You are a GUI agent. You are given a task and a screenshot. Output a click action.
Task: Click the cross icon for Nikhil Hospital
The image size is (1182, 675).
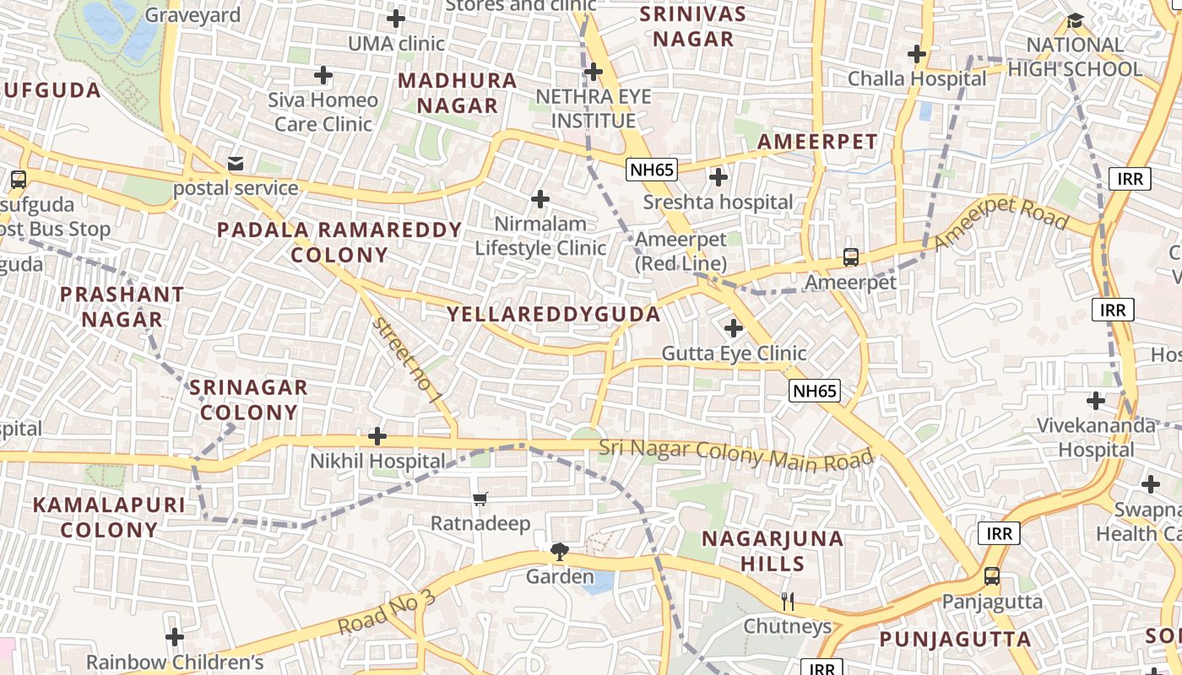click(x=377, y=436)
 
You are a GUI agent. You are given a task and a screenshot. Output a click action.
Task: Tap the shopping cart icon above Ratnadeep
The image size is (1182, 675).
click(x=480, y=499)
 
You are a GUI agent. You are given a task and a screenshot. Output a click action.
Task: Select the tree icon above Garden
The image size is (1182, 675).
click(x=559, y=553)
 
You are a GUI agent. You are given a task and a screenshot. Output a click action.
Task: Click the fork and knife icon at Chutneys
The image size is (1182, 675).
click(x=788, y=601)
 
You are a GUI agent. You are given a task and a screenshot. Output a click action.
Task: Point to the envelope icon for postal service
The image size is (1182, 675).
click(x=236, y=163)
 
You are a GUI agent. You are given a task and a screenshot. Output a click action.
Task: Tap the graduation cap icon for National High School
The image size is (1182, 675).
click(x=1075, y=20)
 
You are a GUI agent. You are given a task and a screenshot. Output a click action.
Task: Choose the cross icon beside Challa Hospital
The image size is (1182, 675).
click(x=917, y=55)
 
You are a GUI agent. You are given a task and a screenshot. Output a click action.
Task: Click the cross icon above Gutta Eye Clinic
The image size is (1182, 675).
click(x=734, y=327)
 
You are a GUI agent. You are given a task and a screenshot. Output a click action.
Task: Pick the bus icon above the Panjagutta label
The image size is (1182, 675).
click(x=992, y=577)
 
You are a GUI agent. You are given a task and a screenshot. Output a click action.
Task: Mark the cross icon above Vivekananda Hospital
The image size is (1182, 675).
click(x=1096, y=400)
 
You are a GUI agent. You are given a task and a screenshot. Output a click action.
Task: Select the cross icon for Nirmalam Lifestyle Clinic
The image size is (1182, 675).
click(x=540, y=199)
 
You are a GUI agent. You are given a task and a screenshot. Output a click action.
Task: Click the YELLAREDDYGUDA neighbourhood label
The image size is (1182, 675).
click(x=553, y=315)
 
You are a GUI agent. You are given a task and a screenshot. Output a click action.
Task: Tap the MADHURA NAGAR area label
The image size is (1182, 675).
click(x=458, y=93)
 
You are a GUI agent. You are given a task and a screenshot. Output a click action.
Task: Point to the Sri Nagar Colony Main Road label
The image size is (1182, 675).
click(x=735, y=456)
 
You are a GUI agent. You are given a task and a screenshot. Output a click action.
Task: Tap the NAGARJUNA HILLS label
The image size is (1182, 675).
click(x=773, y=550)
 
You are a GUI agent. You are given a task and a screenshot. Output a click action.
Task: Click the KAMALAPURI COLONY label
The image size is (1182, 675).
click(x=108, y=517)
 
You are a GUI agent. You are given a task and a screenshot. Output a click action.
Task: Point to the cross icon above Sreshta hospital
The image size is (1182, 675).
click(x=718, y=177)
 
